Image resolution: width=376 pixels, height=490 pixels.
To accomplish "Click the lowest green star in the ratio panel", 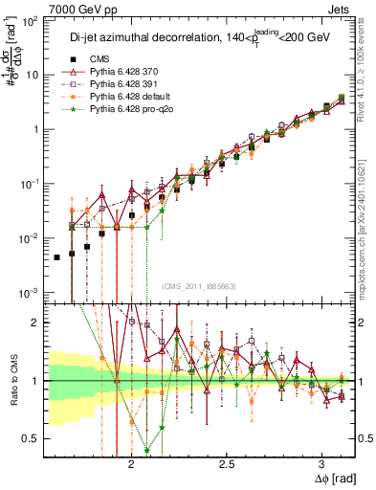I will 146,450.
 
